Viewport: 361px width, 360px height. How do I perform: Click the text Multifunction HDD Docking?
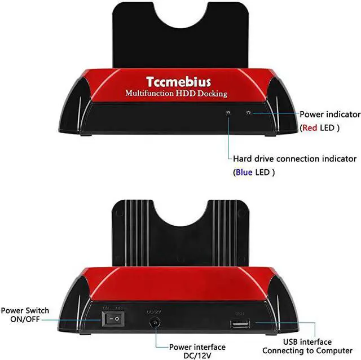click(x=175, y=93)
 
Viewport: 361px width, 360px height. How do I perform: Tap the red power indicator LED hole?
click(x=249, y=112)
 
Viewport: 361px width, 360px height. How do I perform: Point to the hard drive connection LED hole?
click(x=228, y=113)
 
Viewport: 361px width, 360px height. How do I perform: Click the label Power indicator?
click(x=329, y=115)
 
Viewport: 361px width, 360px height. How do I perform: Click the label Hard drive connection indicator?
click(x=294, y=159)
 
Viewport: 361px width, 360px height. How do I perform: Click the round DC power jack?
click(x=154, y=322)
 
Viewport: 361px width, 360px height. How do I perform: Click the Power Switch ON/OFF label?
click(x=25, y=315)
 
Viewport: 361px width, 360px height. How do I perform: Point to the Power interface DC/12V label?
click(x=197, y=350)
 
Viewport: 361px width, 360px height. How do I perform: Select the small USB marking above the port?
click(x=239, y=312)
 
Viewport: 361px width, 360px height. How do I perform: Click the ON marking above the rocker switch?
click(x=105, y=308)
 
